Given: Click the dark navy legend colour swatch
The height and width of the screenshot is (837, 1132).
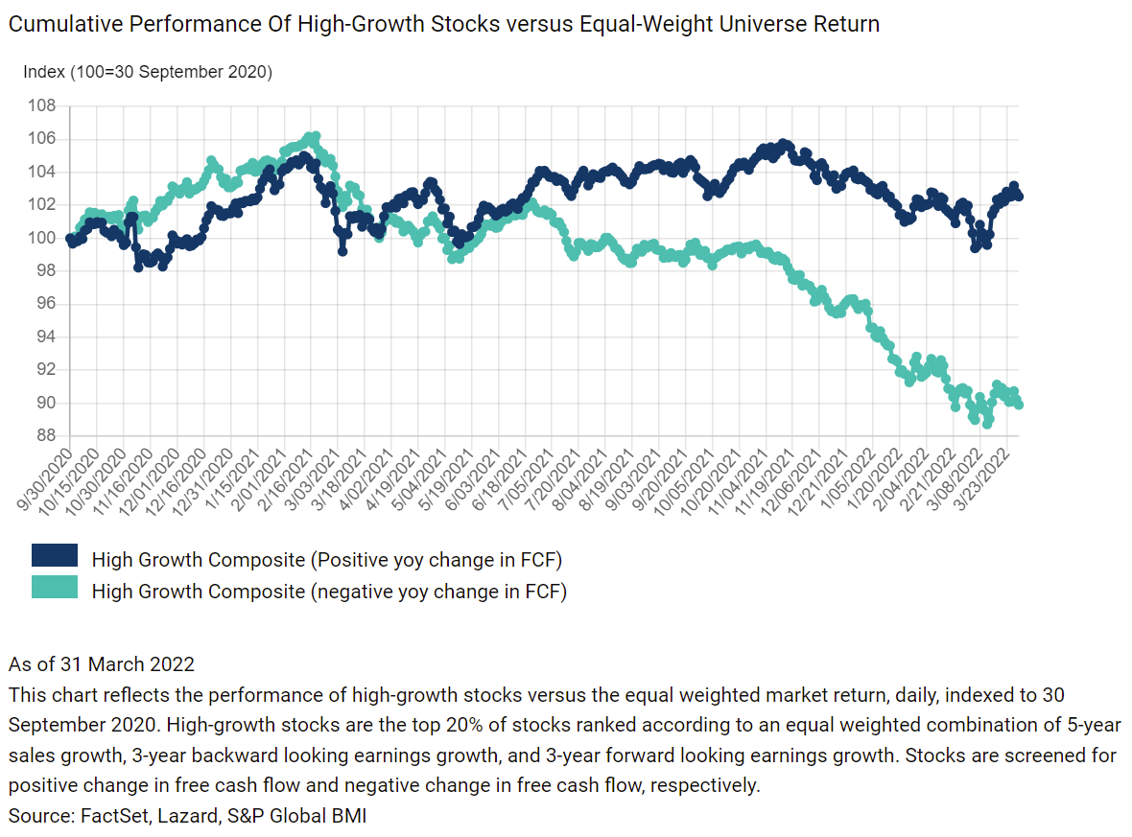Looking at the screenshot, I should point(55,556).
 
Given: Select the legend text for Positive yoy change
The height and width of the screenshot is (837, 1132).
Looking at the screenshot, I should point(326,559).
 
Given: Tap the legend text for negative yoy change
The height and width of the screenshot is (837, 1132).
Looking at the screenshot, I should point(329,591).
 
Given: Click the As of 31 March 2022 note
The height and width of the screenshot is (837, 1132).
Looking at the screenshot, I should point(101,663).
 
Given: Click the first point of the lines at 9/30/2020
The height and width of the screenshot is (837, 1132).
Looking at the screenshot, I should point(69,239).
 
